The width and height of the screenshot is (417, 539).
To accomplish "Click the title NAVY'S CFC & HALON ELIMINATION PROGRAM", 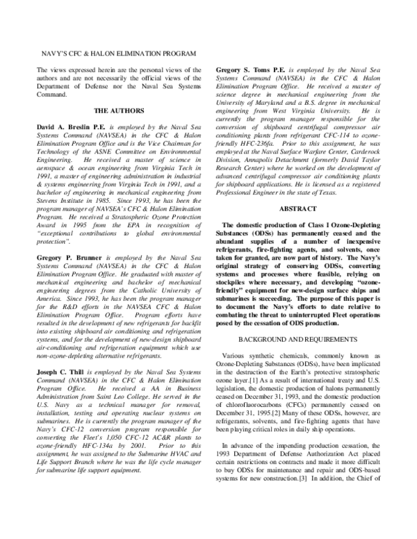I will pos(116,53).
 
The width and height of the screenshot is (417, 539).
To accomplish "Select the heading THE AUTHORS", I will pos(119,110).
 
